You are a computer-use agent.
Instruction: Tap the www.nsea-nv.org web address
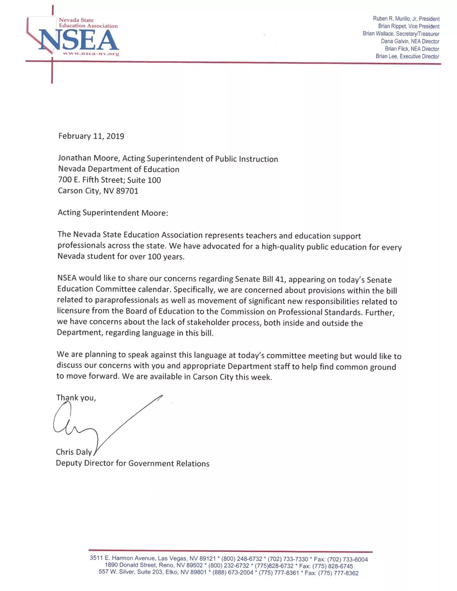91,54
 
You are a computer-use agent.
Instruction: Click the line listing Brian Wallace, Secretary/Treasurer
401,34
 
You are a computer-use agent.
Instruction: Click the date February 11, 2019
91,136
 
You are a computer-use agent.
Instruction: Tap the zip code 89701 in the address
127,191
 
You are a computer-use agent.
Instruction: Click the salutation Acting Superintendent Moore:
113,213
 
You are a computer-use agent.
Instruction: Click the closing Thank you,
76,398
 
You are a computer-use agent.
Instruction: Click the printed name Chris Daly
74,452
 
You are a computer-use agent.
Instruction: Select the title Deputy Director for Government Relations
133,463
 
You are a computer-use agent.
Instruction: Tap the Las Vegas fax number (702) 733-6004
347,559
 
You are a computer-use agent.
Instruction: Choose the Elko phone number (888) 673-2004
233,573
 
